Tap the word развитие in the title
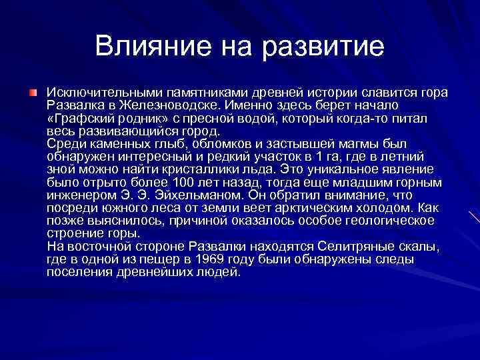click(x=325, y=46)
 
